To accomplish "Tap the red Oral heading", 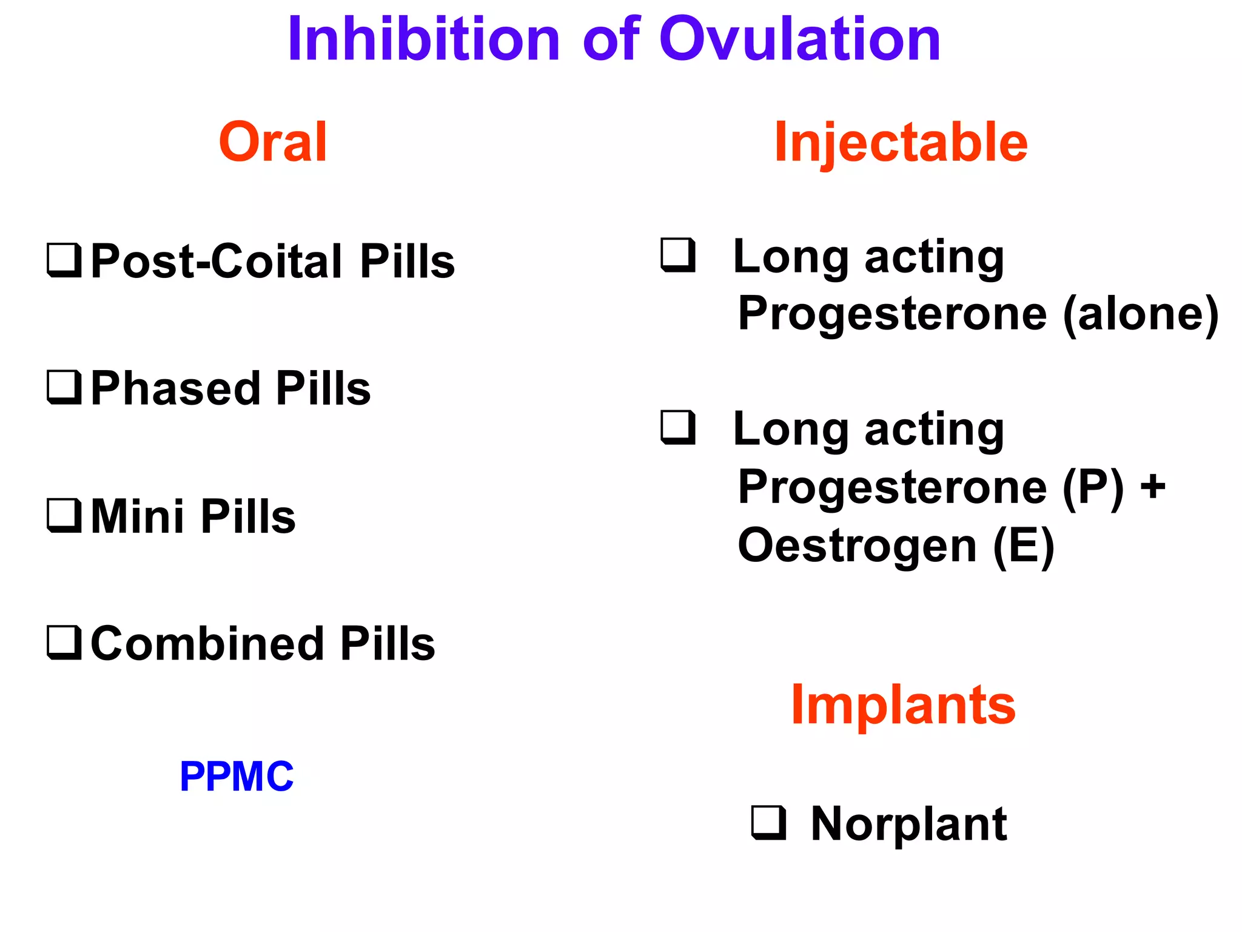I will [273, 142].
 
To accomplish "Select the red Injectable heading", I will [901, 142].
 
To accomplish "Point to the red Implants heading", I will [903, 704].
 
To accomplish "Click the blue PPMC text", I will [237, 777].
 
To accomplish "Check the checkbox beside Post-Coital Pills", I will [64, 260].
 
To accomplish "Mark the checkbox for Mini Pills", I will [64, 515].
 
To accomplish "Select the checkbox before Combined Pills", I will [64, 643].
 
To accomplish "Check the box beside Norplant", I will [768, 823].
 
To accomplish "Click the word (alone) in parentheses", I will [1141, 314].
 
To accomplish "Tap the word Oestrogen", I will [857, 545].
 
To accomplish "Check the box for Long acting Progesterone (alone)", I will [678, 255].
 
